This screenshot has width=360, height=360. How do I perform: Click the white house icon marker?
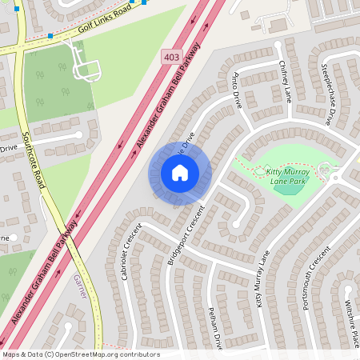180,173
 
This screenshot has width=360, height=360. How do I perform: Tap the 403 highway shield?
170,57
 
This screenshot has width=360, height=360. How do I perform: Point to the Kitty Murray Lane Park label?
288,177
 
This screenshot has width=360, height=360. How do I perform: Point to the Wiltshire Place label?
349,320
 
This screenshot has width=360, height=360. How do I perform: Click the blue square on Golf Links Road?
50,35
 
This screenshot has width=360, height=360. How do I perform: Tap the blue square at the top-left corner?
16,8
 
